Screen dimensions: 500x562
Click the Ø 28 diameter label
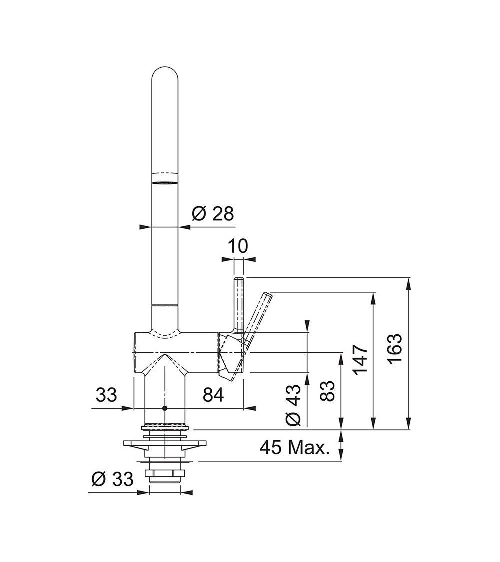(x=213, y=214)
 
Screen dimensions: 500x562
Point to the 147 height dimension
(x=360, y=359)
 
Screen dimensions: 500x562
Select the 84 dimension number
(x=213, y=395)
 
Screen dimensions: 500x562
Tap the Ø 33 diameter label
(x=112, y=479)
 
